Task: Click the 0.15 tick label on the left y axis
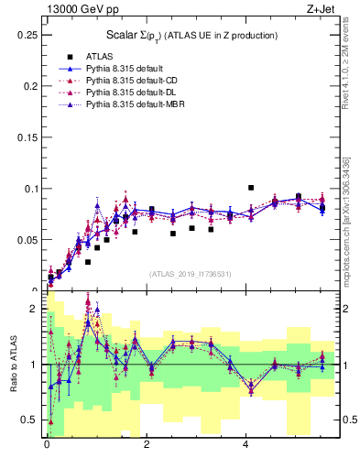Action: [x=27, y=137]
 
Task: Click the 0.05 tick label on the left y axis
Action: [x=27, y=240]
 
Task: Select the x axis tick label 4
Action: [x=246, y=444]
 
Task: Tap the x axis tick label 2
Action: [x=147, y=444]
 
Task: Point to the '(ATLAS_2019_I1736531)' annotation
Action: [x=191, y=274]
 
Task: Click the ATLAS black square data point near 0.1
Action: [x=251, y=187]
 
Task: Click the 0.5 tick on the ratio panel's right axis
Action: [x=349, y=420]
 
